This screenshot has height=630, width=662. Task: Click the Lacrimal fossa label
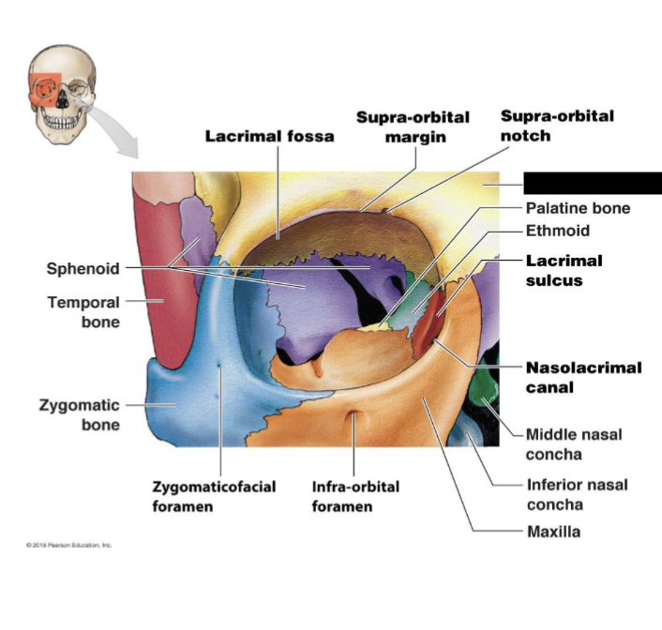tap(269, 137)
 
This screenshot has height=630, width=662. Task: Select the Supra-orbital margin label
tap(413, 127)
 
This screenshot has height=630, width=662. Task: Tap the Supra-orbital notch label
tap(557, 126)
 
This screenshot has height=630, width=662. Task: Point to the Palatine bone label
tap(577, 208)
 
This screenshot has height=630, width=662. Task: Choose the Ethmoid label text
tap(557, 231)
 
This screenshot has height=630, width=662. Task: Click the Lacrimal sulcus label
tap(564, 270)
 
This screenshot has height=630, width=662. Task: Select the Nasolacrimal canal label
tap(583, 377)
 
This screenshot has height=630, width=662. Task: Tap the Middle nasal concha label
tap(573, 444)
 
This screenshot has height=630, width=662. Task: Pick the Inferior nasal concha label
tap(576, 494)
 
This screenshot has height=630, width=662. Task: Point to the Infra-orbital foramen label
tap(355, 497)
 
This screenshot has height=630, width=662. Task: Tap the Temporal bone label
tap(83, 312)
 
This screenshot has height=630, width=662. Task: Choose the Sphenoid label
tap(83, 269)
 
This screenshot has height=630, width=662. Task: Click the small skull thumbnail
tap(62, 95)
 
